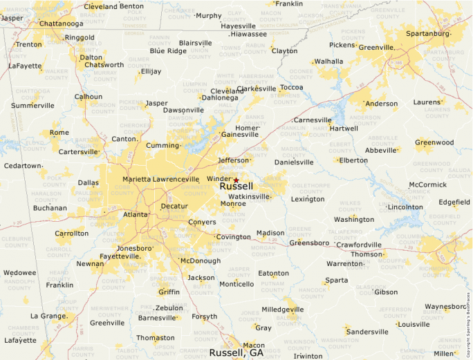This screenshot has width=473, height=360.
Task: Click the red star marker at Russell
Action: coord(236,180)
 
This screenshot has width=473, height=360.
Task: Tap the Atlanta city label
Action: coord(136,214)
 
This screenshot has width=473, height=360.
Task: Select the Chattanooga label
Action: coord(61,23)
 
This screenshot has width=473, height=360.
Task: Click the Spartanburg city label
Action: coord(427,33)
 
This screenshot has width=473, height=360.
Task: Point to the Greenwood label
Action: coord(434,142)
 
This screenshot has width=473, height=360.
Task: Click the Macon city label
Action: coord(254,345)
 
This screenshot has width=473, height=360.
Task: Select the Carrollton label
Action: coord(72,233)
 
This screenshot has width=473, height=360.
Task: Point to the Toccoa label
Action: coord(291,87)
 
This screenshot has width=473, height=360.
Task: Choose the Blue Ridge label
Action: coord(168,50)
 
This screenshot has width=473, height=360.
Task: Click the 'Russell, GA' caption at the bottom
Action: coord(236,352)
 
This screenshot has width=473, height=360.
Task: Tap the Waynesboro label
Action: coord(446,306)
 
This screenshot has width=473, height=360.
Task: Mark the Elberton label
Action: coord(353,160)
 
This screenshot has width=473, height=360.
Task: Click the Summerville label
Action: coord(33,106)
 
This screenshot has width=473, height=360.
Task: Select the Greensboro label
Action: coord(308,243)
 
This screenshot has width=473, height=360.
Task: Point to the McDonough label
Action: coord(200,260)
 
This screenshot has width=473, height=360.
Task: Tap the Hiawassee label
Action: coord(248,34)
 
